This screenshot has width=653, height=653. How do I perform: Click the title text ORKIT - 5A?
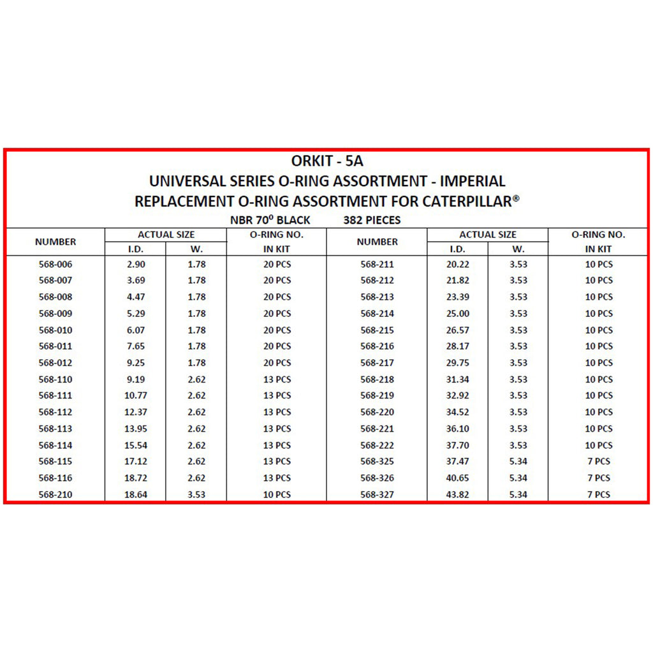point(326,161)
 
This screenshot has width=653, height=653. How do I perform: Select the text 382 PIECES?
point(372,221)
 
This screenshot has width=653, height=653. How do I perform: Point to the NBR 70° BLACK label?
point(270,221)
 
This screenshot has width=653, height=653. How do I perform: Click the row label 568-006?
point(55,264)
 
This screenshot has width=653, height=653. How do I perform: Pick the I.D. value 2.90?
point(136,264)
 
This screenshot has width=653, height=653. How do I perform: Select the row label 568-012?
point(55,363)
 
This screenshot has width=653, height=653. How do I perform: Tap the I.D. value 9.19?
point(136,379)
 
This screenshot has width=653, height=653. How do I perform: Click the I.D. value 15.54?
point(136,445)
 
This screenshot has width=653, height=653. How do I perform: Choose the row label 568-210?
point(55,494)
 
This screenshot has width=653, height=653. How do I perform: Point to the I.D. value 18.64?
point(136,494)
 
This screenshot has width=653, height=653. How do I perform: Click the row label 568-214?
point(377,314)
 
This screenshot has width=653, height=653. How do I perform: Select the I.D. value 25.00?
point(457,314)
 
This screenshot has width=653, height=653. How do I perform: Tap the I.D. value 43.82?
point(457,494)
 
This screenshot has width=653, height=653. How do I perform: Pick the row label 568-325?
point(377,462)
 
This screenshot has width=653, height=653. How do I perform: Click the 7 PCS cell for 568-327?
point(599,494)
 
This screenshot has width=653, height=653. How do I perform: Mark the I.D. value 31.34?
point(457,379)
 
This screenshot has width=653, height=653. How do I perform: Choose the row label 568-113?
point(55,429)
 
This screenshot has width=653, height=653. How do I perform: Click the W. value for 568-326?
point(518,478)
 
